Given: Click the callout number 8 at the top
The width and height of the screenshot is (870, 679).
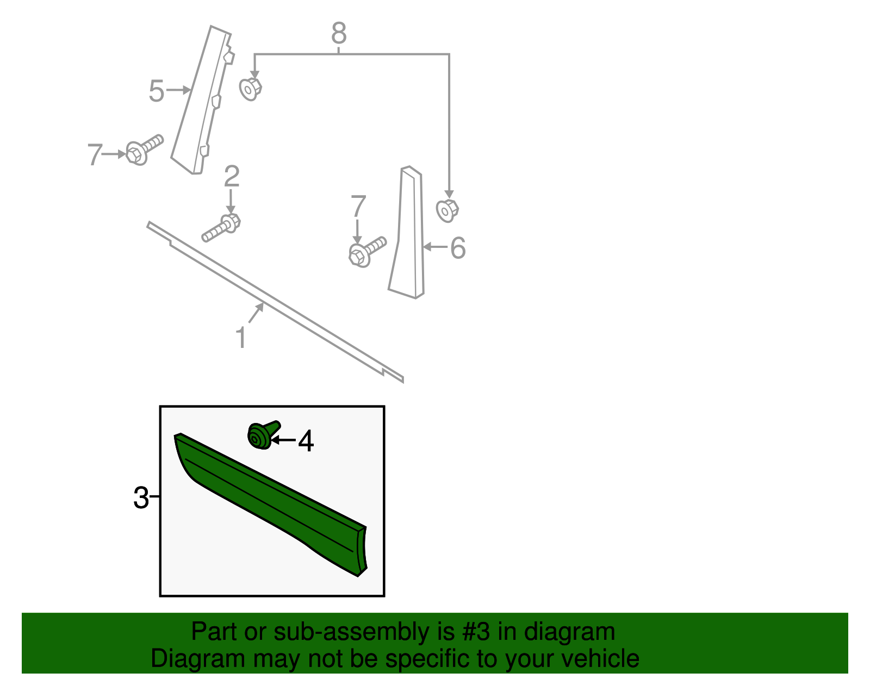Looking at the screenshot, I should pos(338,34).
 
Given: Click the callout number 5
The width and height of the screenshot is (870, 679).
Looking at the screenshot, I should pos(156,91).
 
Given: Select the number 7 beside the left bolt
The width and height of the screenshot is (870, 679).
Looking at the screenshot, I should pos(95,155).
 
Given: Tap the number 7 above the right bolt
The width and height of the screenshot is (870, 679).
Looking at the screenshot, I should pos(358,207).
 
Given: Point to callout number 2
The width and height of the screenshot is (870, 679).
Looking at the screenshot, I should pos(232,177).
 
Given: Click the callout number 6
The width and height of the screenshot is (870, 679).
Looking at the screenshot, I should pos(458,248).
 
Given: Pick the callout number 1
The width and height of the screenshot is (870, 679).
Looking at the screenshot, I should pos(241,338).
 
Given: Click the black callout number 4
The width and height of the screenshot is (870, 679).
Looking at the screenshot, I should pos(306,441).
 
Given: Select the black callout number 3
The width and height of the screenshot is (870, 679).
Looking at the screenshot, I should pos(141,497).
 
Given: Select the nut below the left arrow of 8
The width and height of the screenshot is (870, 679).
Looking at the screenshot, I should pos(250,89).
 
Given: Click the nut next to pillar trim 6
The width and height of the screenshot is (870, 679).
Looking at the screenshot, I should pos(447,210).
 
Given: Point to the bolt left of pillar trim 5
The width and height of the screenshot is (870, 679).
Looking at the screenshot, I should pos(143,149).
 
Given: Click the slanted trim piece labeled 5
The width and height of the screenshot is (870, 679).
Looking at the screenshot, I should pos(201,103).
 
